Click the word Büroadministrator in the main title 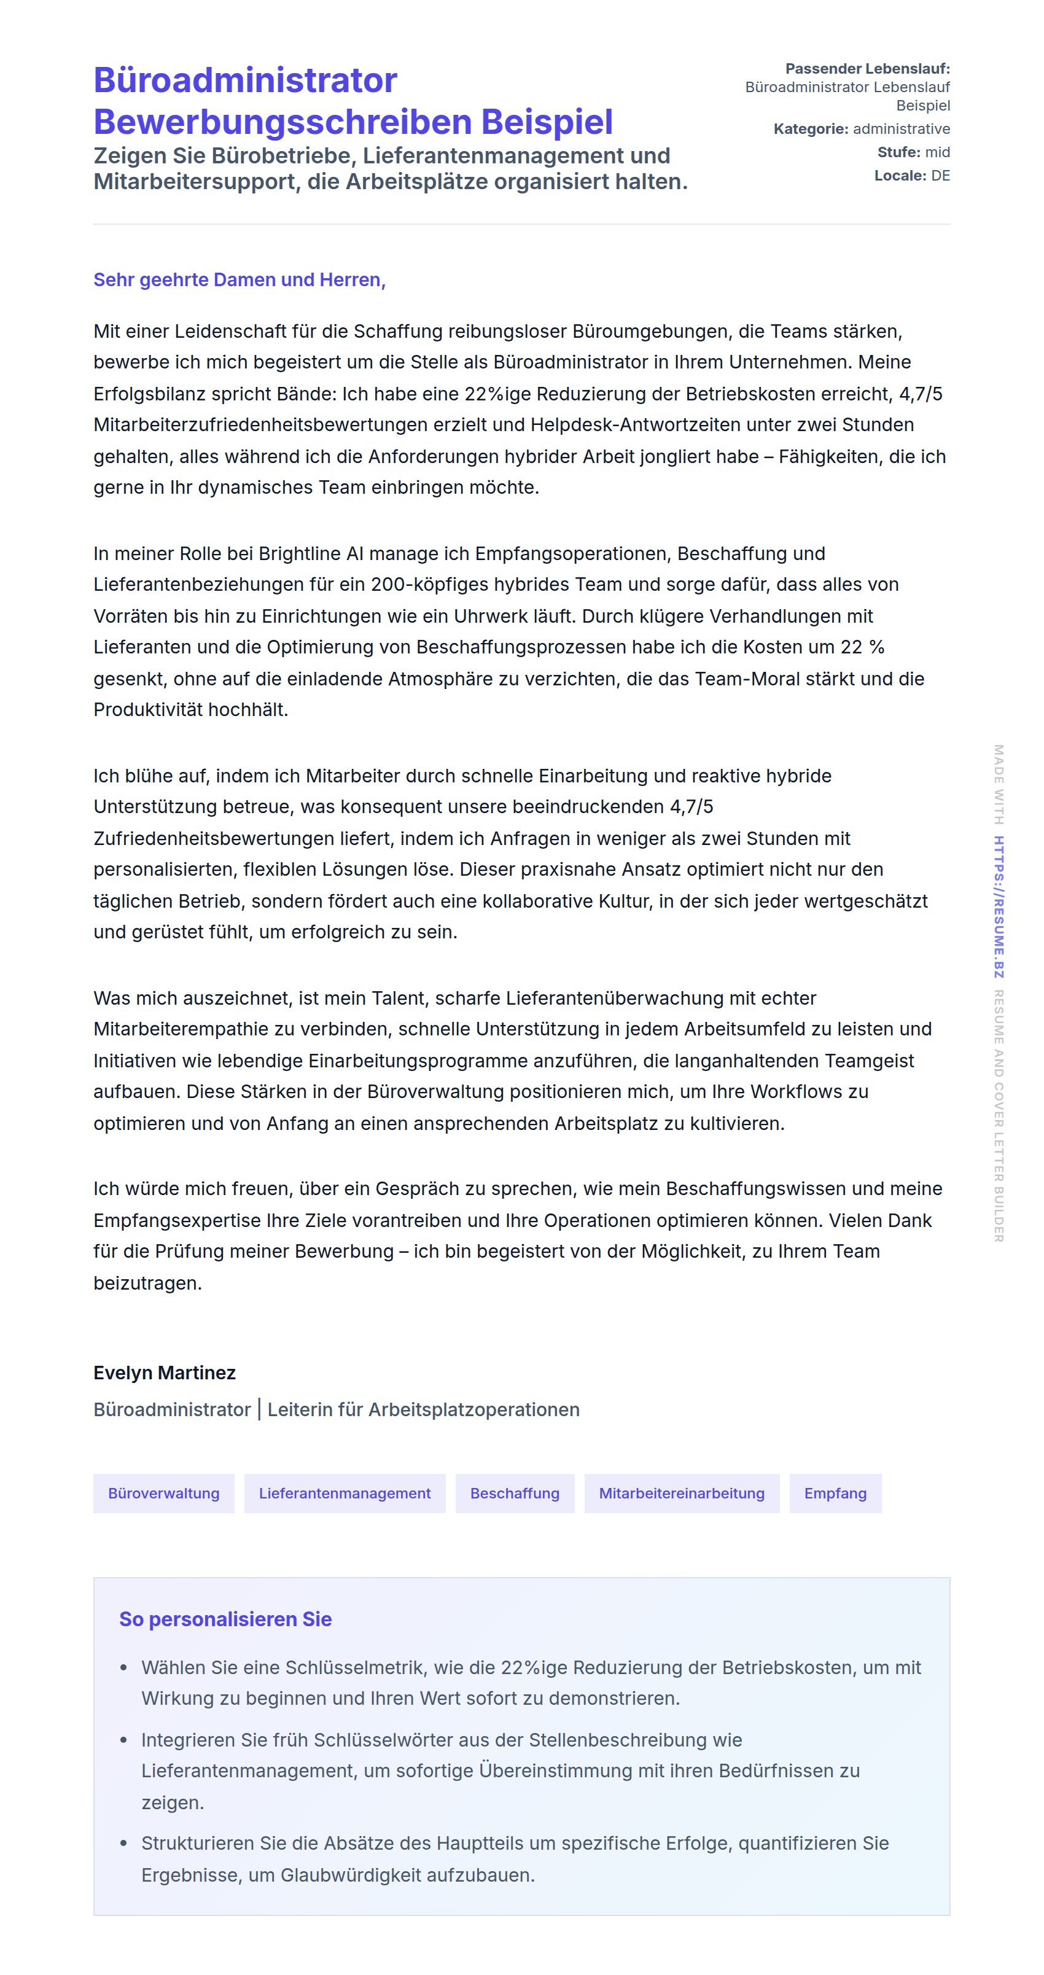click(x=245, y=80)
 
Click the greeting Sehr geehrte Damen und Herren click(x=239, y=280)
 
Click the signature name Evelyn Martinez click(x=164, y=1373)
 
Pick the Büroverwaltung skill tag click(x=163, y=1494)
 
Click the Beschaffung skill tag click(x=515, y=1494)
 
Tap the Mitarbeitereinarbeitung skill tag click(x=682, y=1494)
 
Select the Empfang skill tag click(x=835, y=1494)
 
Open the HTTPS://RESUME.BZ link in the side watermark click(x=998, y=906)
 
